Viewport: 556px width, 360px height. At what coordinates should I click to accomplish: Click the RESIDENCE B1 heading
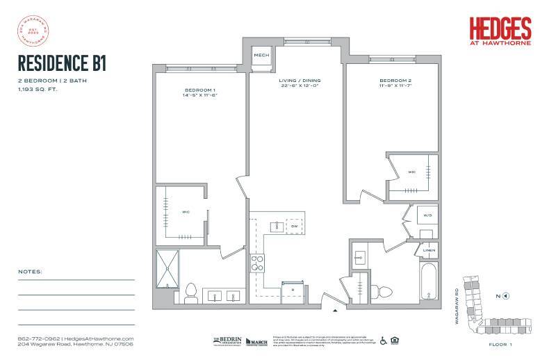tap(62, 65)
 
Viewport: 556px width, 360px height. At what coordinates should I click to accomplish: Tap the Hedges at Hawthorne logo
tap(500, 31)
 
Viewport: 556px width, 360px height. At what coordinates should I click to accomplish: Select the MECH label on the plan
tap(261, 56)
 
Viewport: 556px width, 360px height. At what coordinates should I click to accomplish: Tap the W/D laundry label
tap(426, 216)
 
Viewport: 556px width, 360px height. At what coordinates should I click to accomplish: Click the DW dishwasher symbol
tap(294, 227)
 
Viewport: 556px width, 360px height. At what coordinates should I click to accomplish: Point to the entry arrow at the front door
tap(336, 309)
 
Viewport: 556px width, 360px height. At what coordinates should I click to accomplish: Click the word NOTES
tap(30, 271)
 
